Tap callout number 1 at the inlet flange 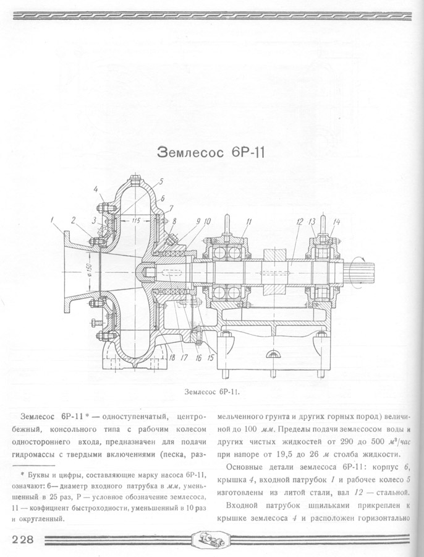pyautogui.click(x=54, y=218)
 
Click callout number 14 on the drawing pyautogui.click(x=336, y=221)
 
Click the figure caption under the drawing pyautogui.click(x=211, y=392)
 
